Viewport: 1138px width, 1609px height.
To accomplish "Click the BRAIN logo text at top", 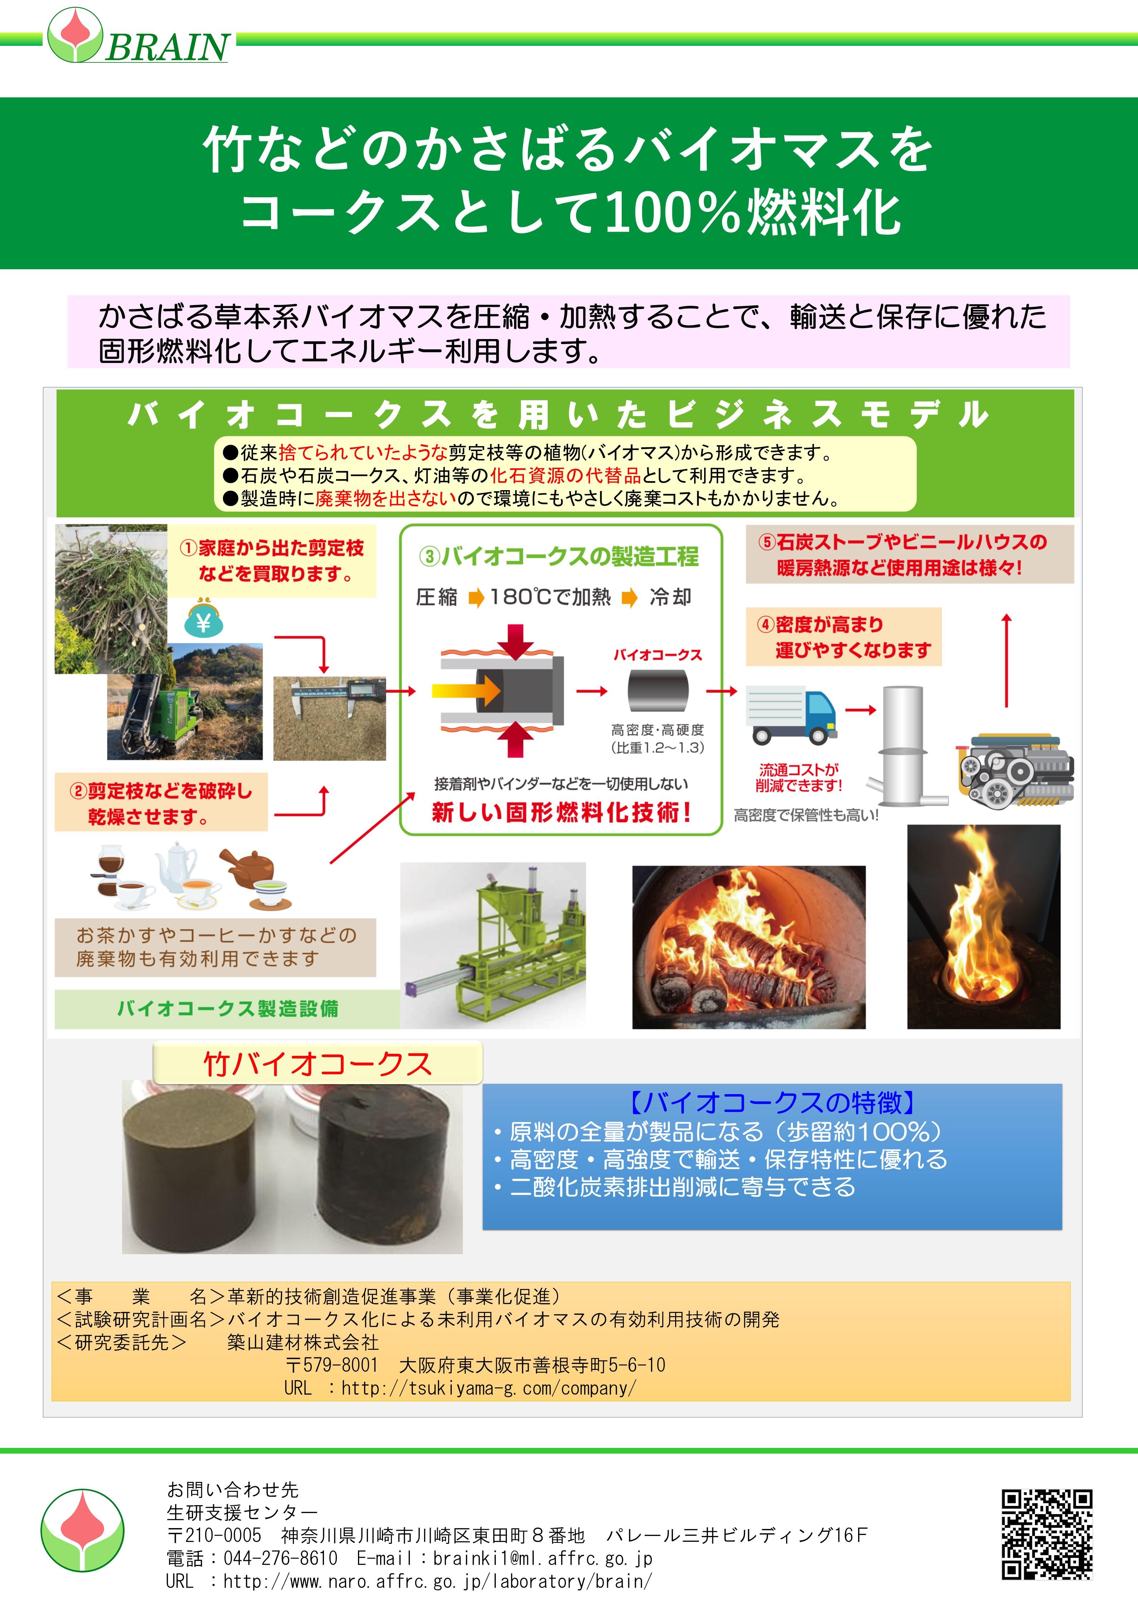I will coord(167,47).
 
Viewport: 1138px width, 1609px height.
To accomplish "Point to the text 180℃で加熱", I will coord(550,597).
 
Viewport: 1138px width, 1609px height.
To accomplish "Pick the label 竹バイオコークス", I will coord(318,1064).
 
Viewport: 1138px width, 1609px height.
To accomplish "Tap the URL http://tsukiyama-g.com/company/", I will coord(488,1388).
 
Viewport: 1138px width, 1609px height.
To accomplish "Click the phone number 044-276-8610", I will coord(280,1559).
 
